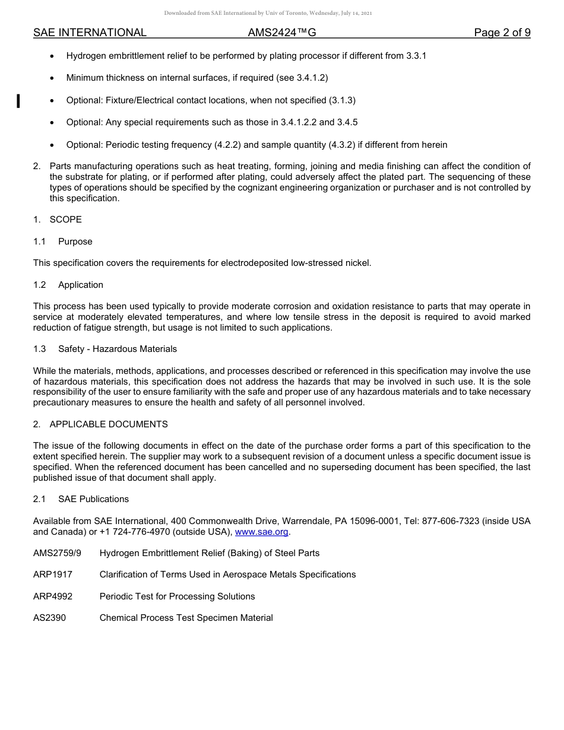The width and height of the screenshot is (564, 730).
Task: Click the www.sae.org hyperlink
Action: (261, 532)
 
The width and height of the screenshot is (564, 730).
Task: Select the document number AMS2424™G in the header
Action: (282, 33)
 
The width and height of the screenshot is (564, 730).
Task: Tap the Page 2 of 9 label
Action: (502, 33)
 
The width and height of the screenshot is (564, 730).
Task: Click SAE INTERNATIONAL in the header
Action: (90, 33)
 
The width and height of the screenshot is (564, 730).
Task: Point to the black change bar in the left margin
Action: (18, 101)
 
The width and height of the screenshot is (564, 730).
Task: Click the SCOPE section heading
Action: (65, 220)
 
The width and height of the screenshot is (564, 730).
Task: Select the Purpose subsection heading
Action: (75, 242)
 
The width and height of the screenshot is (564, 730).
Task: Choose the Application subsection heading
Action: (81, 285)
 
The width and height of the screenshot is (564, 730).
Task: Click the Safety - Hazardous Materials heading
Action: (118, 349)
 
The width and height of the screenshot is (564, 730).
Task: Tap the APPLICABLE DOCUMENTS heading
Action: (109, 424)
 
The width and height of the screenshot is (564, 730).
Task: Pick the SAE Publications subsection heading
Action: (93, 499)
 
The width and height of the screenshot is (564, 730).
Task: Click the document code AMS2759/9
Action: (57, 553)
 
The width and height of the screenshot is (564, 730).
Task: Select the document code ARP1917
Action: (53, 575)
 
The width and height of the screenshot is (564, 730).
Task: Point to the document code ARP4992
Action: (53, 596)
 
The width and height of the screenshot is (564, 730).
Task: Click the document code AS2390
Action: (49, 618)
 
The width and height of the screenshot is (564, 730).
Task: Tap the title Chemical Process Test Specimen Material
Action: (186, 618)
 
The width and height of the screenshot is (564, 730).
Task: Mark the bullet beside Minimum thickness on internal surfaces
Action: (53, 78)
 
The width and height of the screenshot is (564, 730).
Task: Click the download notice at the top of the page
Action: (268, 13)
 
